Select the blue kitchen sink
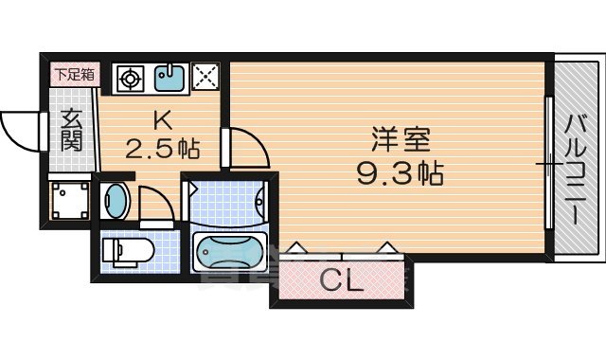pos(169,78)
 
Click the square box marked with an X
pos(205,78)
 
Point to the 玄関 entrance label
pos(71,132)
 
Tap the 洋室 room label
pos(401,141)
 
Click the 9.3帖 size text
pos(401,173)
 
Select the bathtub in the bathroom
pos(231,252)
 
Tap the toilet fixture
pos(127,251)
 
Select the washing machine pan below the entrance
pos(70,200)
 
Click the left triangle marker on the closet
pos(296,248)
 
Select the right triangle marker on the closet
pos(386,248)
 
